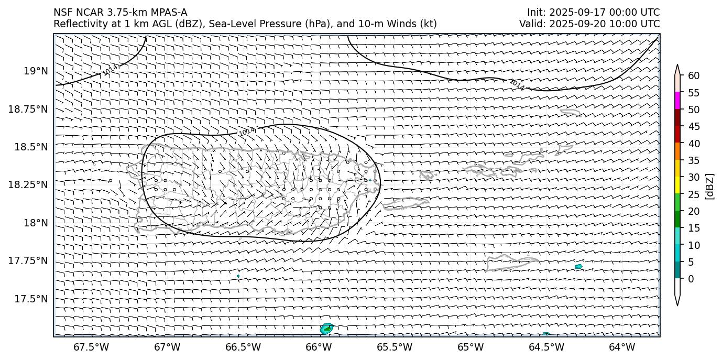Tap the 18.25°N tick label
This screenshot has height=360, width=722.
[x=29, y=185]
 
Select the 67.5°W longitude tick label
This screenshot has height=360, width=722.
[x=91, y=347]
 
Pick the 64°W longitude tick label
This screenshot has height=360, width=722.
[x=622, y=347]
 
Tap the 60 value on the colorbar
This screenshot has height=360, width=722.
[x=694, y=76]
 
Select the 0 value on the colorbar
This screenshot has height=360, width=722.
[x=691, y=279]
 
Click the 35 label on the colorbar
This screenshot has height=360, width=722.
[x=694, y=160]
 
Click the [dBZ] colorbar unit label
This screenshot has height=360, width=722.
[x=710, y=186]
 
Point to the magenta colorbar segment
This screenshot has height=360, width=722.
[x=677, y=100]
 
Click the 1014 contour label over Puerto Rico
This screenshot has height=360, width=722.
[x=247, y=131]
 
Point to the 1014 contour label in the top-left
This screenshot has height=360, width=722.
[x=111, y=70]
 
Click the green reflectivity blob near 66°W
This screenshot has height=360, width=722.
[x=326, y=329]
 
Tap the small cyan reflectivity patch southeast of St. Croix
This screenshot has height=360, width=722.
[x=578, y=267]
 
